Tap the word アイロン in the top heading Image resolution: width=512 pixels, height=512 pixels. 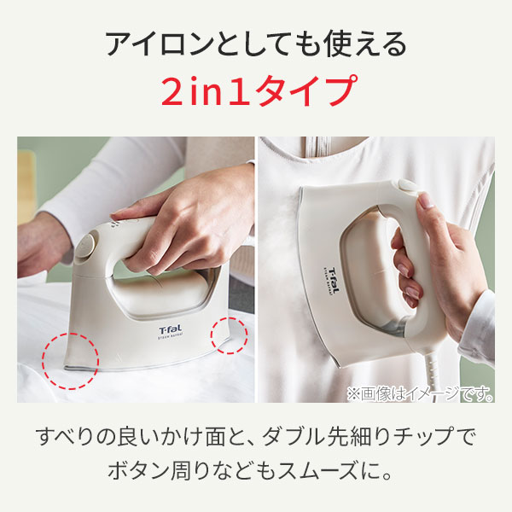click(160, 44)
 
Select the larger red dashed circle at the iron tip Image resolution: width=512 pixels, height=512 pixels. click(70, 361)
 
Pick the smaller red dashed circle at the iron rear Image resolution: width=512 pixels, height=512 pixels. click(229, 335)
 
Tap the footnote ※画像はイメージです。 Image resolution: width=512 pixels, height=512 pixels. click(420, 393)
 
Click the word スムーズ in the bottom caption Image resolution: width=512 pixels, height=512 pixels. click(317, 471)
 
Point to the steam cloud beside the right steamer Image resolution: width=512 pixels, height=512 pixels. click(281, 261)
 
